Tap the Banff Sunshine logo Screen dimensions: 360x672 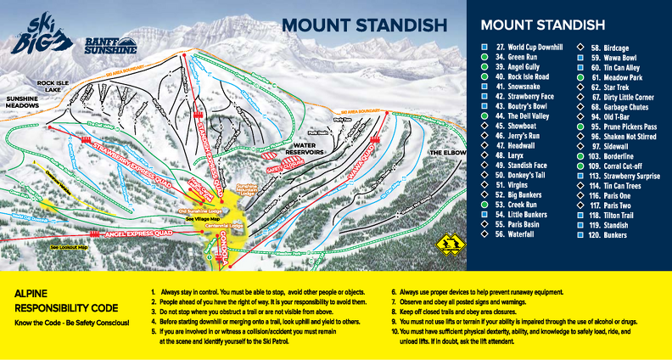pos(109,45)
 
